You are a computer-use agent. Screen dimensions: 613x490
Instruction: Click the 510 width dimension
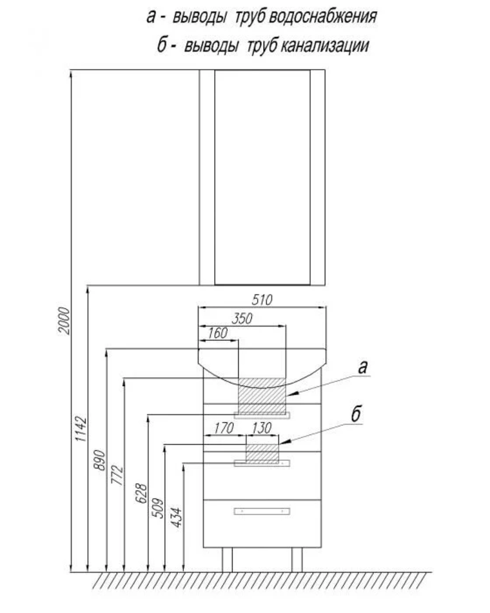(262, 299)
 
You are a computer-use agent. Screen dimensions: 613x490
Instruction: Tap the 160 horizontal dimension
(219, 333)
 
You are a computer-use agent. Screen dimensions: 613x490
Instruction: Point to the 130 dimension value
(262, 427)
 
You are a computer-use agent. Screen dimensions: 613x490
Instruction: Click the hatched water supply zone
(262, 396)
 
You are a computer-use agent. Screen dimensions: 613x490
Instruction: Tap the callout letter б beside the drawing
(355, 415)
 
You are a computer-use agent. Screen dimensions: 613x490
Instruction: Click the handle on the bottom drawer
(262, 511)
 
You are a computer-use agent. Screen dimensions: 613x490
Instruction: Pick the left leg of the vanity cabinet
(227, 559)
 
